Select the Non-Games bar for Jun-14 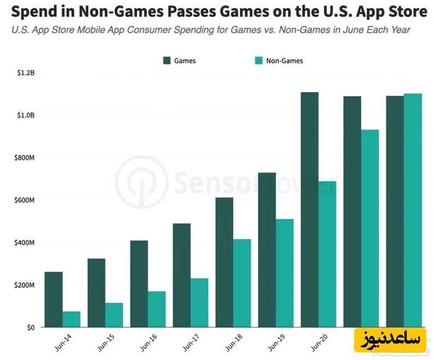(71, 320)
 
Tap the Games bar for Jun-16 (139, 284)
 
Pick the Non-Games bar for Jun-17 (200, 303)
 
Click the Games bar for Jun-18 (224, 262)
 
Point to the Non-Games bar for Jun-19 (285, 273)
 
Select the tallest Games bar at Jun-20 (309, 210)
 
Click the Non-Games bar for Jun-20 (327, 254)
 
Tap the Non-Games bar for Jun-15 (114, 315)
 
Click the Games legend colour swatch (167, 61)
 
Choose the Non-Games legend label (284, 61)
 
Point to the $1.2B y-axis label (25, 73)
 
